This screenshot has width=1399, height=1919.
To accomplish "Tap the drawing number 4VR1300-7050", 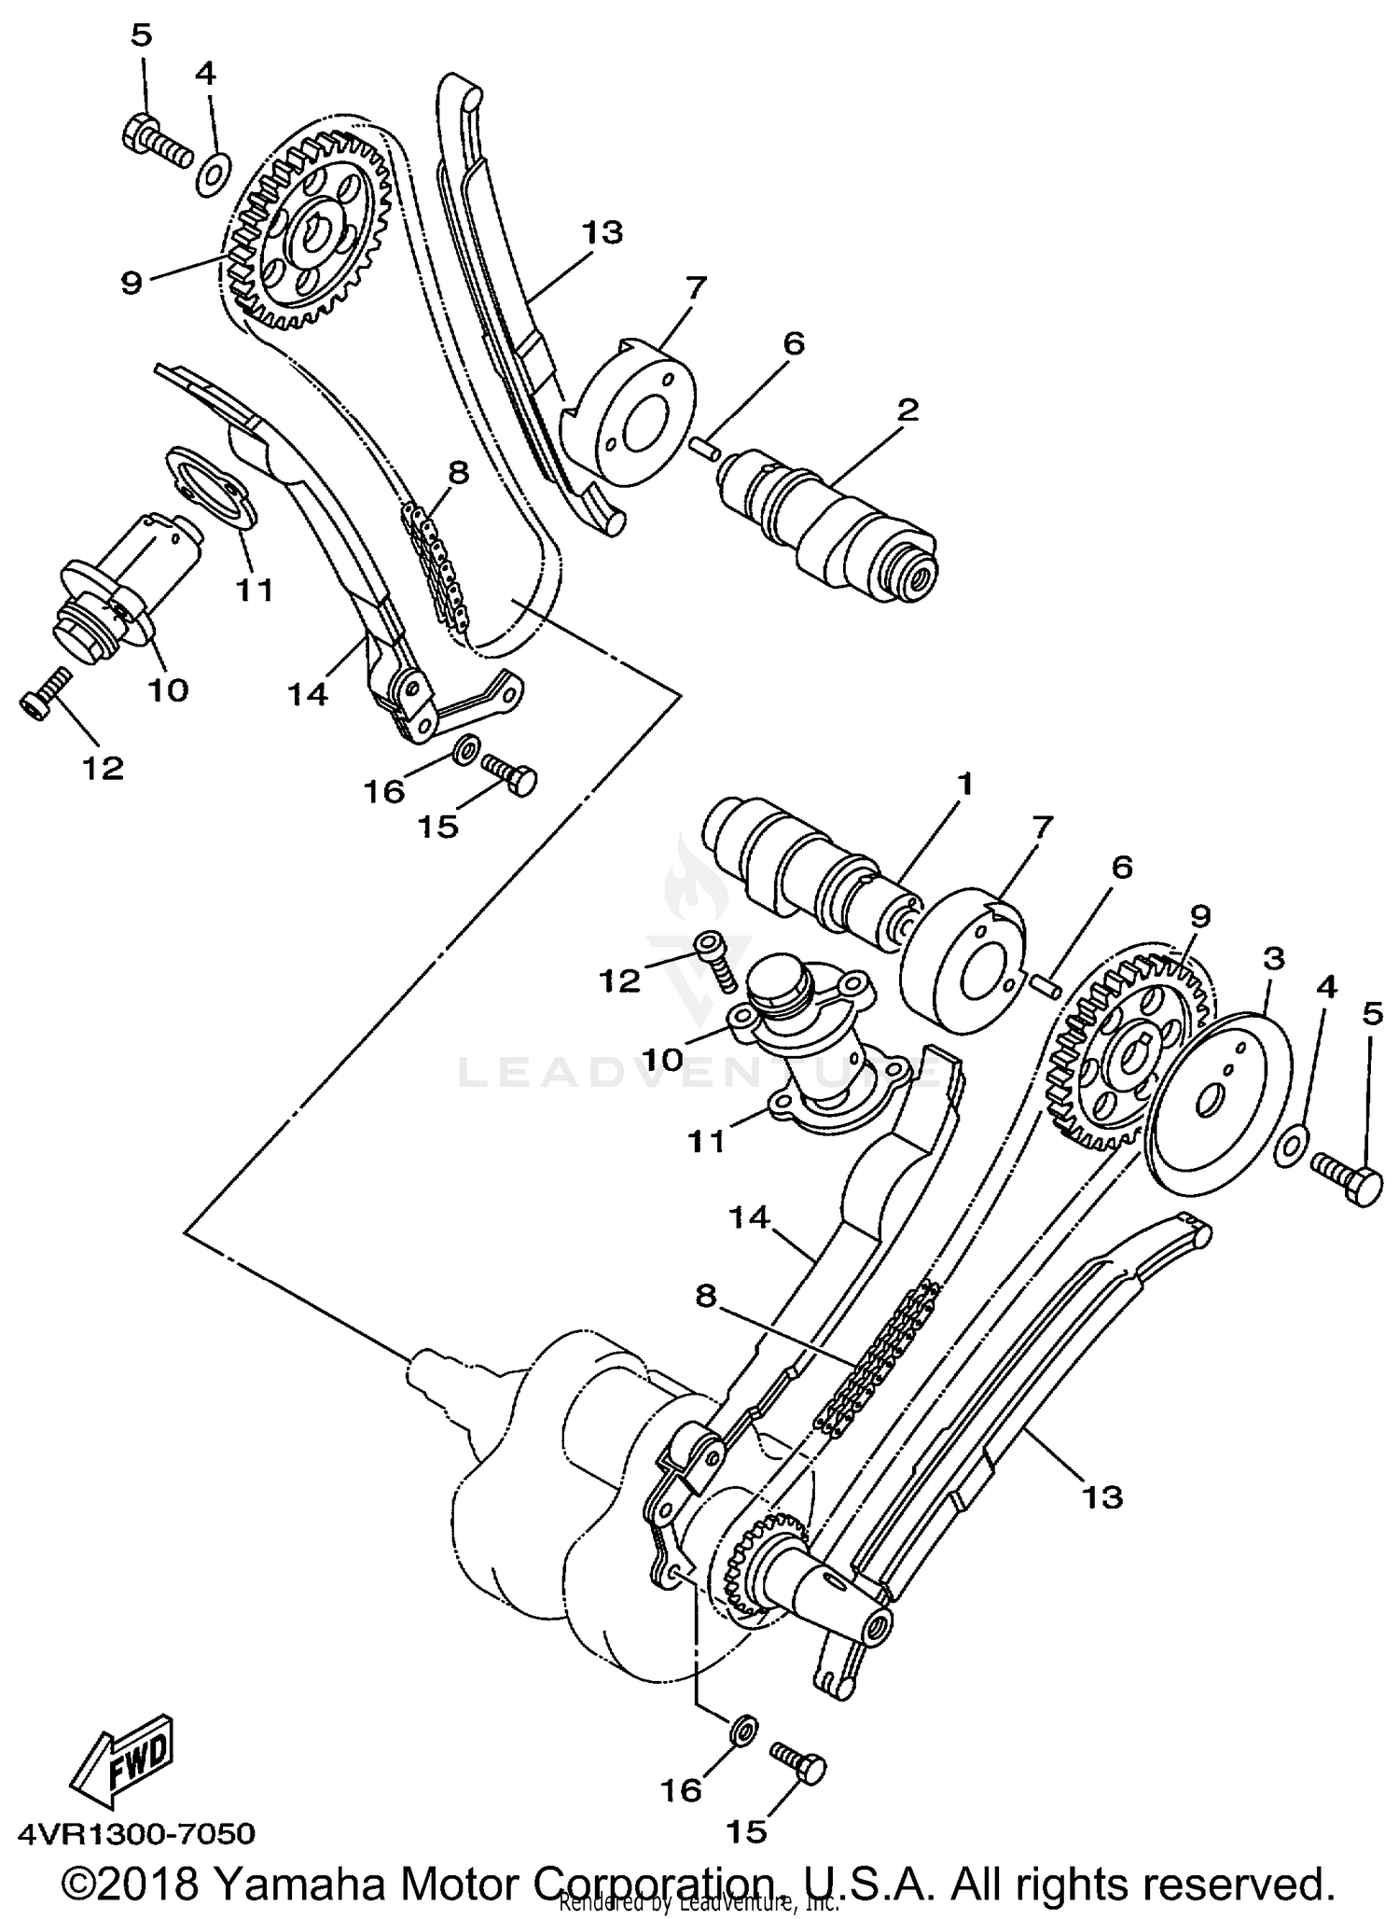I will point(136,1834).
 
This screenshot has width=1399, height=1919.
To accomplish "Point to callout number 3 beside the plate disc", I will point(1273,957).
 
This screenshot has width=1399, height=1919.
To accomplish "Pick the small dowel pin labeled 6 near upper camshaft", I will point(706,446).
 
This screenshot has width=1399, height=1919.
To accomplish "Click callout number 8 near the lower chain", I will point(706,1296).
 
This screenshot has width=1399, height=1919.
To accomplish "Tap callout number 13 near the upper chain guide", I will point(602,232).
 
